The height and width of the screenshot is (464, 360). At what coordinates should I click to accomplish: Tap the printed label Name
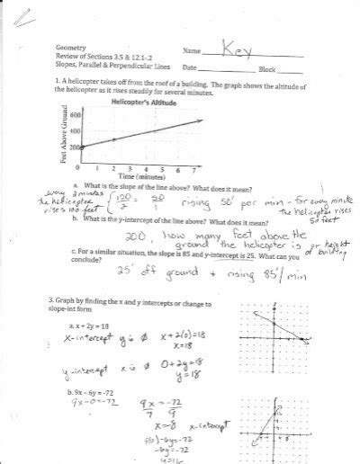pos(190,50)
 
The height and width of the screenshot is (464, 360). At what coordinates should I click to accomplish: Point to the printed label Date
pos(190,68)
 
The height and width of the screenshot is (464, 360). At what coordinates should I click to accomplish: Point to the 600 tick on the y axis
pos(76,116)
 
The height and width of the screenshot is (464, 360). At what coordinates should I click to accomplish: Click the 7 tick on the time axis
pos(194,169)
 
